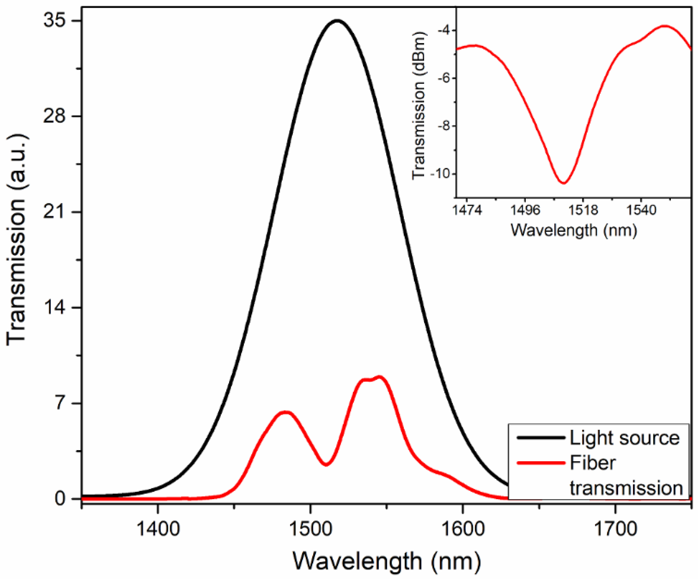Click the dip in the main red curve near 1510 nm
pos(326,464)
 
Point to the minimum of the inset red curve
pos(563,183)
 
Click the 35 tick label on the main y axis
pos(54,21)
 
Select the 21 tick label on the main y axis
pos(54,212)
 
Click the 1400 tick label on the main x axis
pos(158,529)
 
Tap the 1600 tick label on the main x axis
pos(463,529)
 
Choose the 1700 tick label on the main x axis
pos(615,529)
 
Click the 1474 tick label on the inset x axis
pos(467,210)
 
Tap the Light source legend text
pos(624,438)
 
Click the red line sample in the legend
pos(541,463)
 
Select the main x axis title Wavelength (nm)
pos(386,561)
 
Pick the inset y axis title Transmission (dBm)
pos(419,105)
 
